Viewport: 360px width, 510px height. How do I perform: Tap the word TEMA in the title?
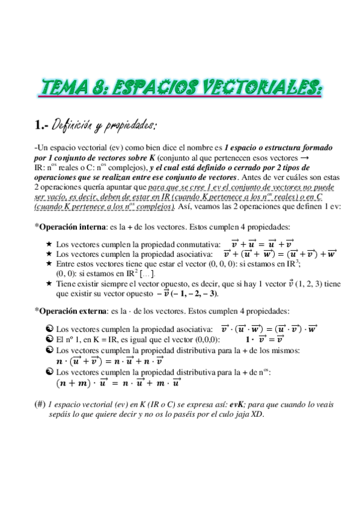[66, 88]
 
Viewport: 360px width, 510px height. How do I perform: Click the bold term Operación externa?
[69, 311]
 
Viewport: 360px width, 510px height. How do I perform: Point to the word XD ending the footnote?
[257, 414]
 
